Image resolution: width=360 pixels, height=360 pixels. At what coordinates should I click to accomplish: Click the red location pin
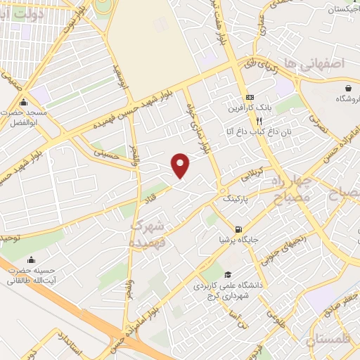[181, 164]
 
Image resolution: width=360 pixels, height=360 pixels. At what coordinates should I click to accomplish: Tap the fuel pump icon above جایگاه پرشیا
[240, 229]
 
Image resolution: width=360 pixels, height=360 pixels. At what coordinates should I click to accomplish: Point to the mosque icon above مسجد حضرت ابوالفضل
[24, 101]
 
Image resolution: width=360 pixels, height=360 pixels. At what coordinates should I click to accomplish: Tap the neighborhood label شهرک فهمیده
[147, 233]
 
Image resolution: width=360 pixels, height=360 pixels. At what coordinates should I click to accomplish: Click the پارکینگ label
[236, 199]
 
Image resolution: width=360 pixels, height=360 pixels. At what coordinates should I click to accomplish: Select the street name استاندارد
[70, 345]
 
